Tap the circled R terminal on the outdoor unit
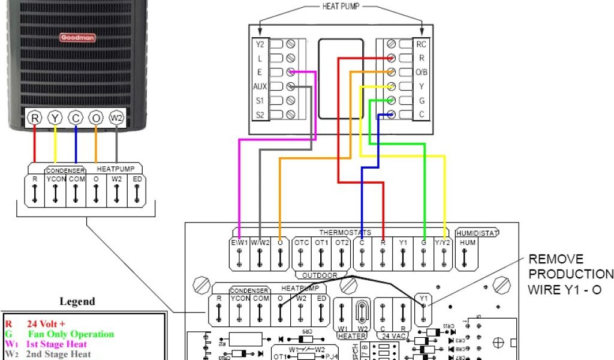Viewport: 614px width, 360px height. [35, 118]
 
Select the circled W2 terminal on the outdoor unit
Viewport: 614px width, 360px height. [116, 118]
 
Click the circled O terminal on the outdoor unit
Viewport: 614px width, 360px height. [96, 118]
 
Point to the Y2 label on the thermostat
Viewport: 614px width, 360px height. [260, 44]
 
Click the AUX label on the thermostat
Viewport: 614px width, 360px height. [260, 86]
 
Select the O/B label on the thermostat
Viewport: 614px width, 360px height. [422, 73]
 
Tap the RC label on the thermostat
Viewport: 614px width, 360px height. [422, 44]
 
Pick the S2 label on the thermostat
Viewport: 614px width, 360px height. [260, 115]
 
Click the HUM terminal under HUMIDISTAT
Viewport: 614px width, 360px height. [466, 243]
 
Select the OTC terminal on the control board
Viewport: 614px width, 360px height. [301, 243]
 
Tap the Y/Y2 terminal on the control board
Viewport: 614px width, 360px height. [444, 243]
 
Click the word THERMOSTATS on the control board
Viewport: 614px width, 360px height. [345, 232]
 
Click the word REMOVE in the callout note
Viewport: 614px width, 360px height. [555, 259]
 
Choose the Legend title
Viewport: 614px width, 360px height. [77, 301]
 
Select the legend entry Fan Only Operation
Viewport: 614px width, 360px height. [71, 334]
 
